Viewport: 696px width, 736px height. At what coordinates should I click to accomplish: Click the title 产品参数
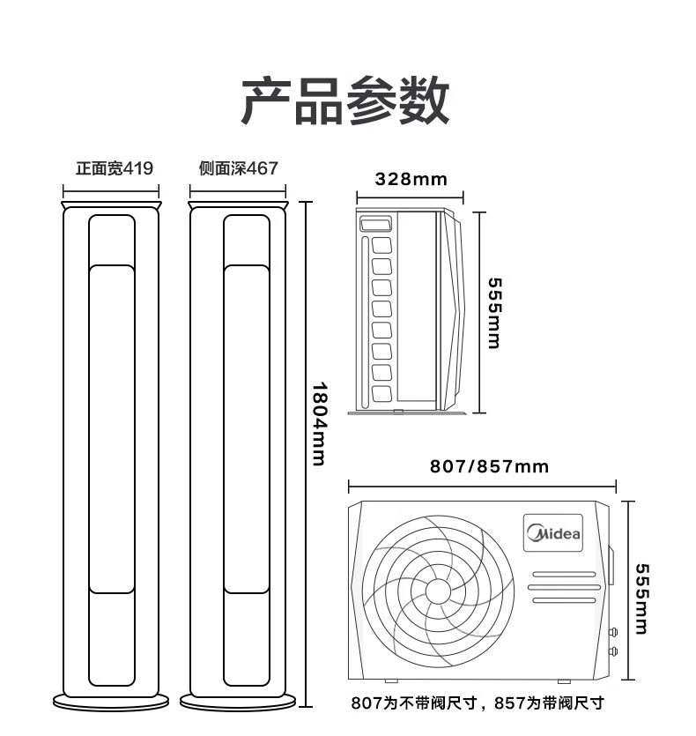(345, 100)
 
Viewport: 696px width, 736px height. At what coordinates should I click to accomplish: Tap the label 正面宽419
(115, 168)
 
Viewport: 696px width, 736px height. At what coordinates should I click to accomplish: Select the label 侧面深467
(239, 168)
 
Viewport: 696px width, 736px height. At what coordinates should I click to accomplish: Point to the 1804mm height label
(319, 423)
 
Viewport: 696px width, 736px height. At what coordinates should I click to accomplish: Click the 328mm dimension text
(411, 179)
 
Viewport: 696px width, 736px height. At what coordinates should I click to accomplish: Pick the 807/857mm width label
(489, 466)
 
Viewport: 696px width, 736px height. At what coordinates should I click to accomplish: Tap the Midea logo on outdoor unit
(553, 533)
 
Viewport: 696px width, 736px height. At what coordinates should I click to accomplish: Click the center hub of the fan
(438, 591)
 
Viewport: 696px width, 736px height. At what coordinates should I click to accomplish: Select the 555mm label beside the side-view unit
(494, 313)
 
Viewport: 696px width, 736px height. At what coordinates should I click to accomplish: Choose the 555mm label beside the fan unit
(641, 599)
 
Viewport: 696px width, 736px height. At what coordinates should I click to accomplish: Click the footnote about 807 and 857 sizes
(478, 703)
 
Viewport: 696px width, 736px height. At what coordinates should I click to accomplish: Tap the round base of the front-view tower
(111, 703)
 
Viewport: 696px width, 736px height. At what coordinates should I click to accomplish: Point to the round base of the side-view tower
(238, 703)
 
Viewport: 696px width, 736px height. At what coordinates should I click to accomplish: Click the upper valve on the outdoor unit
(613, 632)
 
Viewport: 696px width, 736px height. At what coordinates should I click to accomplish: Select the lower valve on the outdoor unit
(613, 651)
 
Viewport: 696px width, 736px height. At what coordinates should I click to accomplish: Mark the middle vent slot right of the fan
(564, 587)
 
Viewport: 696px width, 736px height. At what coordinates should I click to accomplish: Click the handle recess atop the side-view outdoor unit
(375, 223)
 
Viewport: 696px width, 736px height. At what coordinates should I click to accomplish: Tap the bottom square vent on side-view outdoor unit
(381, 394)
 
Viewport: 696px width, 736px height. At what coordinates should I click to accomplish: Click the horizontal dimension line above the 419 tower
(111, 191)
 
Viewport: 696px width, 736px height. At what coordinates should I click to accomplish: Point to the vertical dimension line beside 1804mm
(306, 454)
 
